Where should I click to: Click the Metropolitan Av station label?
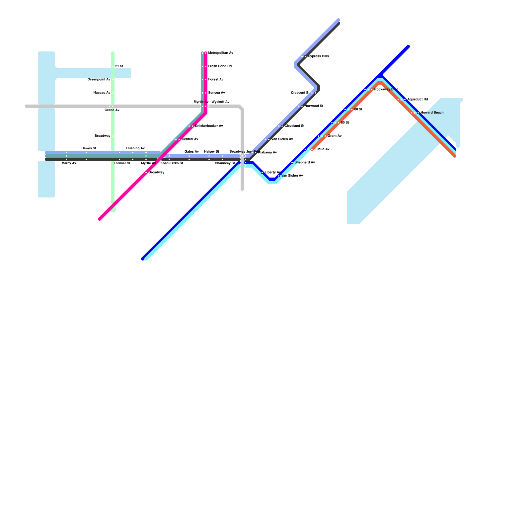tap(221, 53)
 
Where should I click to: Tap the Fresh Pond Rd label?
tap(220, 66)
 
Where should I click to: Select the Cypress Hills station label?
tap(318, 56)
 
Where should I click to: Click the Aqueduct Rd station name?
tap(417, 100)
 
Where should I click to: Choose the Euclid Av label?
tap(322, 149)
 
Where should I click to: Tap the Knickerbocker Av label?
tap(209, 126)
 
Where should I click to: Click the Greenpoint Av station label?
tap(99, 80)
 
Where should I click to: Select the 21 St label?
tap(119, 66)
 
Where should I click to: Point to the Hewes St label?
tap(89, 148)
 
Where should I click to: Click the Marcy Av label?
tap(69, 163)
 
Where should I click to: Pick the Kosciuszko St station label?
tap(172, 163)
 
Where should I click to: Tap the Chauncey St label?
tap(225, 163)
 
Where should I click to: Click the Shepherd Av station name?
tap(305, 163)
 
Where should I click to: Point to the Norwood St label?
tap(314, 106)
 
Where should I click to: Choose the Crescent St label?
tap(300, 93)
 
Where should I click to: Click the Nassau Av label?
tap(102, 93)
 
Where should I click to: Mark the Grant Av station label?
tap(335, 136)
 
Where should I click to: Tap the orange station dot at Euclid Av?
tap(312, 149)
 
